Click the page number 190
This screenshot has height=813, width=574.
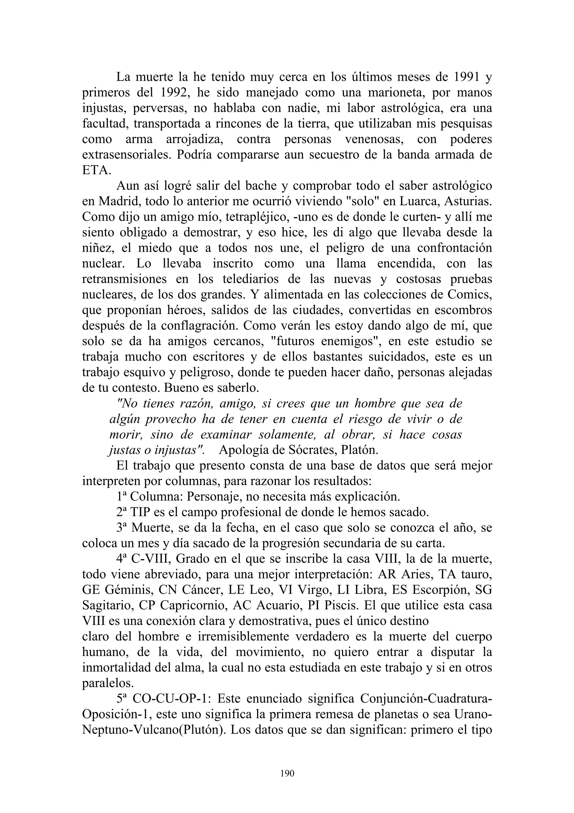tap(287, 773)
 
